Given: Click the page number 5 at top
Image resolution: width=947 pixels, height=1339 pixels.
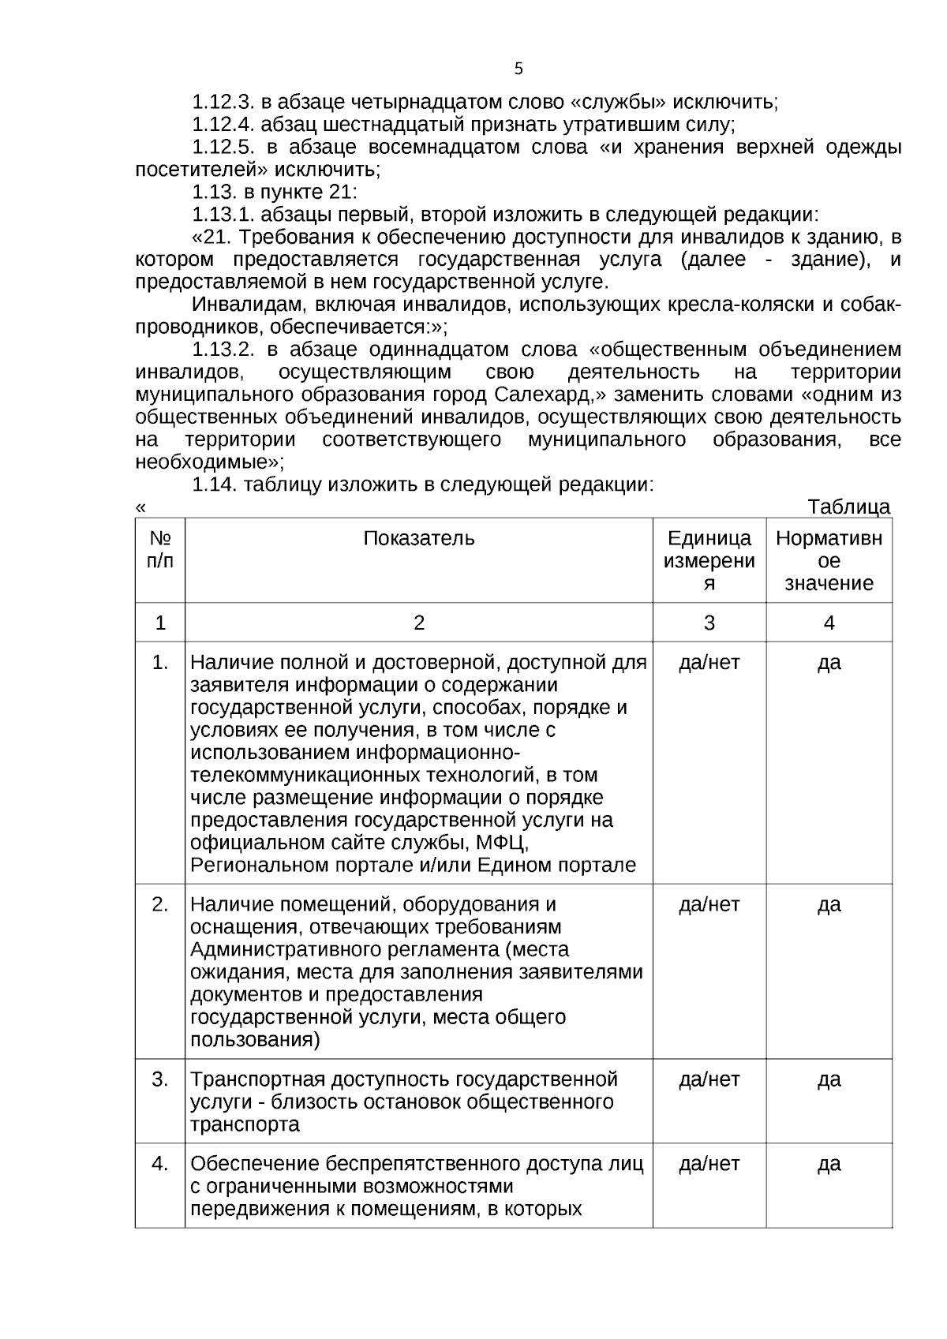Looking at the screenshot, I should [x=518, y=69].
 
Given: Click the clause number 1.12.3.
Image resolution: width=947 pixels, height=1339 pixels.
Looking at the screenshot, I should [x=223, y=102].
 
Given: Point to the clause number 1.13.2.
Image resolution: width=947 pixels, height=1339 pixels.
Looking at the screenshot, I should [x=223, y=350].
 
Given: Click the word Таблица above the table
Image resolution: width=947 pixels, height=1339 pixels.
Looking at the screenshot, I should [x=849, y=507].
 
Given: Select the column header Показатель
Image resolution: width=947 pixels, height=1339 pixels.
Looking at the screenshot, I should [x=419, y=538].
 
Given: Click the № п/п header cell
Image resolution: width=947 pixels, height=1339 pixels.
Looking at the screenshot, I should [x=160, y=549].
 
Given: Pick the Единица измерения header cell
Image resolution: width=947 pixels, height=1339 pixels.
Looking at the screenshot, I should [x=709, y=560].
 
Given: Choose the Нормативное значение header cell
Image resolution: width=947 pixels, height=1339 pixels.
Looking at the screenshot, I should [x=829, y=560].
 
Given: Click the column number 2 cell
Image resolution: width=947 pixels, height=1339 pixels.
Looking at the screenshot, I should [x=419, y=623].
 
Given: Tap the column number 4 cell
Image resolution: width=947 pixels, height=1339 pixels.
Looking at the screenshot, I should [x=829, y=623].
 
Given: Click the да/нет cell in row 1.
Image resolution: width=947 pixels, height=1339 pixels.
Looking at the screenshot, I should [x=709, y=662].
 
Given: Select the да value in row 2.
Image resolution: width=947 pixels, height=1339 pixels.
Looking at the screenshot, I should [x=829, y=904].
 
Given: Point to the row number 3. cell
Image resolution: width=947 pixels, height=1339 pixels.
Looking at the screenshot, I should [x=160, y=1079].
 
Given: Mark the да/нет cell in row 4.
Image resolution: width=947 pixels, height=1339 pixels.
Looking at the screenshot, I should [x=709, y=1163].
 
